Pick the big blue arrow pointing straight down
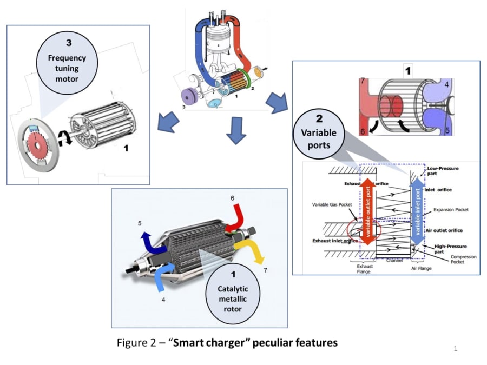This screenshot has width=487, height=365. [x=236, y=132]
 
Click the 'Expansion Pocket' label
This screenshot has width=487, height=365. [x=451, y=209]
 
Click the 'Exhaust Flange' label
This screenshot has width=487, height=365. [x=364, y=269]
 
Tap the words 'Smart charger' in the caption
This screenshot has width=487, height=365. [x=205, y=342]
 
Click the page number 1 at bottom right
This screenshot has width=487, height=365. [x=455, y=349]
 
